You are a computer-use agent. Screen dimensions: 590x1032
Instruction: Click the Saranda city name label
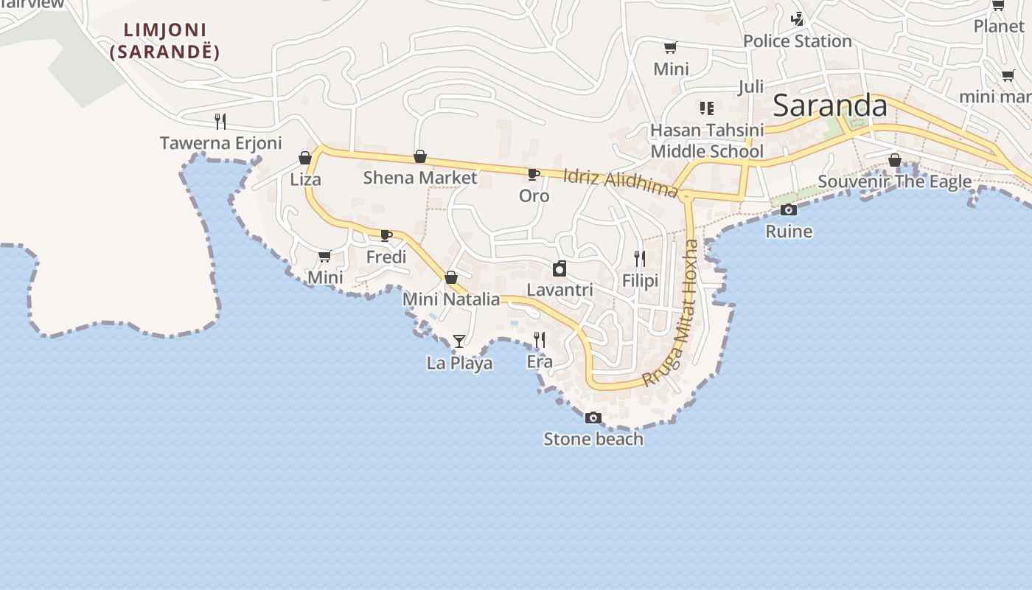(x=830, y=106)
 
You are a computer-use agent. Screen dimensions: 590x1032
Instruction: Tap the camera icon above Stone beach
(x=593, y=418)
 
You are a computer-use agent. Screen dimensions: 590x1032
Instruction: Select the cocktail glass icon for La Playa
(x=459, y=341)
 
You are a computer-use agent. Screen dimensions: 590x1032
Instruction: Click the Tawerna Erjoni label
(x=220, y=143)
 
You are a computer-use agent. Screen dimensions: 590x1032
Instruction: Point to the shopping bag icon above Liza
(x=305, y=158)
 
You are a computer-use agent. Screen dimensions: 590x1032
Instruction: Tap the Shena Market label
(x=420, y=178)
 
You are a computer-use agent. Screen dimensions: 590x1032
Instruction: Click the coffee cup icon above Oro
(x=534, y=175)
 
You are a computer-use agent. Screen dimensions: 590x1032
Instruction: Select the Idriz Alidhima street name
(x=620, y=183)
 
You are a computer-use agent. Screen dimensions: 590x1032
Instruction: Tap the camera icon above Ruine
(x=789, y=210)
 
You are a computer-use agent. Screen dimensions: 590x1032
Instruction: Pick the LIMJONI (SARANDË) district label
(x=165, y=41)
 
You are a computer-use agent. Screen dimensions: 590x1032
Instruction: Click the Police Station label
(x=798, y=41)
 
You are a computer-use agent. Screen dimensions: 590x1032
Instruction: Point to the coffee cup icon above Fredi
(x=386, y=236)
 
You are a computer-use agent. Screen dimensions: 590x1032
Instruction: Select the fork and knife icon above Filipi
(x=640, y=259)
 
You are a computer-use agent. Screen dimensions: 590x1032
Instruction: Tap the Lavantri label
(x=560, y=290)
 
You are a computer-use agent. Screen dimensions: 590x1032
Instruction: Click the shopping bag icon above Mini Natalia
(x=451, y=278)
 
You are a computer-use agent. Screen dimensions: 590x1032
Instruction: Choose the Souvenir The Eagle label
(x=894, y=181)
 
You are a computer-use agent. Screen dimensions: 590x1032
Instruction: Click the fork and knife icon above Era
(x=540, y=340)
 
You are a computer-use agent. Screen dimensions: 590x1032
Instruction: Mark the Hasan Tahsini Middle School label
(x=707, y=141)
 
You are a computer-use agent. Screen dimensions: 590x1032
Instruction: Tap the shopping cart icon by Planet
(x=998, y=6)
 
